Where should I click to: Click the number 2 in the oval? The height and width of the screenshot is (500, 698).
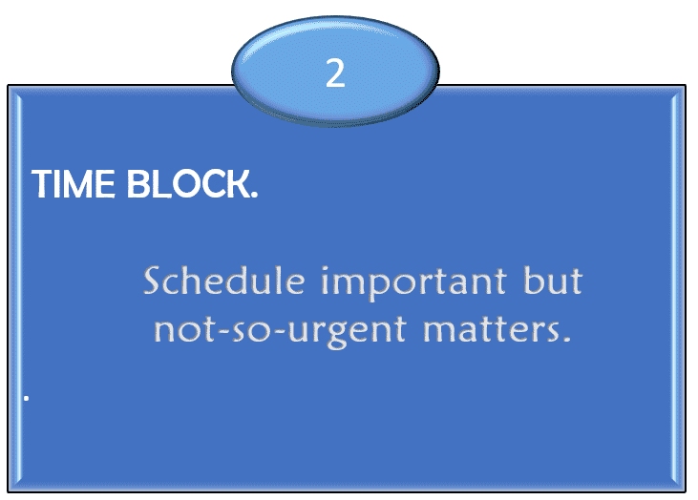click(x=335, y=73)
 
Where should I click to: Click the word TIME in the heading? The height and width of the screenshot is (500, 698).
click(x=73, y=184)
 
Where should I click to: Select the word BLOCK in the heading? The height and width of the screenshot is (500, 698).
click(x=189, y=184)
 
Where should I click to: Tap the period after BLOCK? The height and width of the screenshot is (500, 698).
click(x=255, y=195)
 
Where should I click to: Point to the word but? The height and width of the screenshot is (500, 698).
click(x=553, y=281)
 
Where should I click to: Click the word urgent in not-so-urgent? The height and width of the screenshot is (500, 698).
click(x=347, y=332)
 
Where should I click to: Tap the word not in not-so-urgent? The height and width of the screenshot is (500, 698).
click(x=185, y=329)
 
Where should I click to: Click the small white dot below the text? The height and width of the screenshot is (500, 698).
click(x=27, y=398)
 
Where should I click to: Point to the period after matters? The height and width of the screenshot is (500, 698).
click(x=566, y=339)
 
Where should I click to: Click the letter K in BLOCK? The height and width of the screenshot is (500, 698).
click(x=239, y=184)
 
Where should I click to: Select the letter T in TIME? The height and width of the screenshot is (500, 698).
click(x=42, y=184)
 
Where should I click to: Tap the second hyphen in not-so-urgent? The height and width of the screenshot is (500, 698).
click(x=278, y=332)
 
